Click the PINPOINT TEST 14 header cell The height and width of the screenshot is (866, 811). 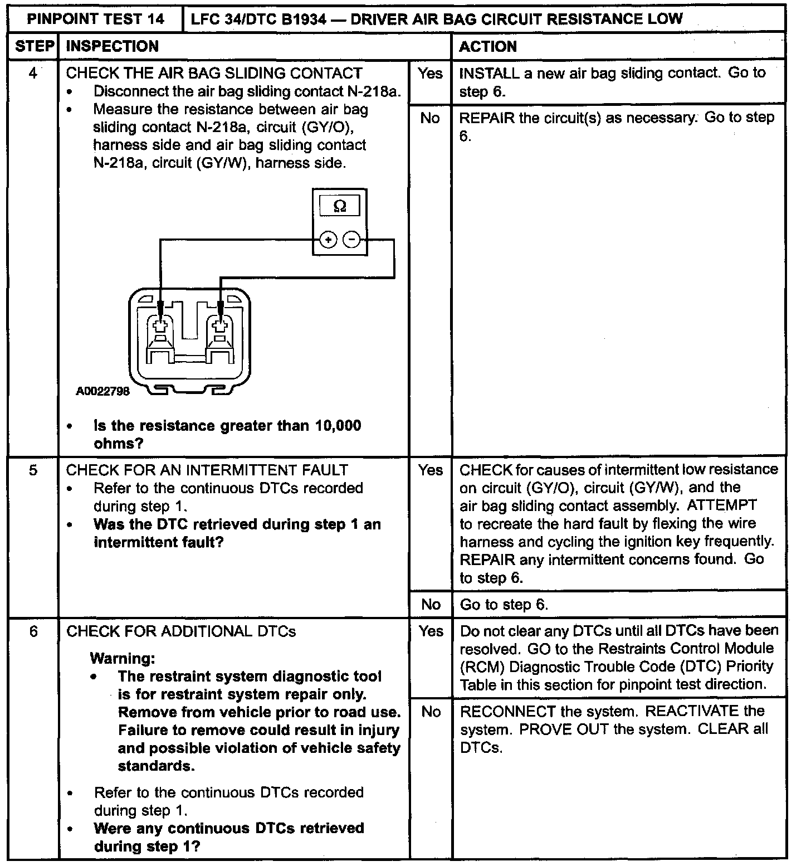(x=96, y=20)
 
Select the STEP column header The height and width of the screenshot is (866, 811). (x=34, y=46)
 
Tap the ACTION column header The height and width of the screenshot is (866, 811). (x=488, y=46)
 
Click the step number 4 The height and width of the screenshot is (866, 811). (x=33, y=73)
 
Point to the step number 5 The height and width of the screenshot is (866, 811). (x=33, y=470)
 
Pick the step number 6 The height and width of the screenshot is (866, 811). (x=33, y=631)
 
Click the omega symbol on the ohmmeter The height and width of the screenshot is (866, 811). (x=339, y=207)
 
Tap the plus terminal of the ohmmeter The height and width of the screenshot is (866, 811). (x=329, y=240)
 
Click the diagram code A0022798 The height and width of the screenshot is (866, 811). (x=102, y=391)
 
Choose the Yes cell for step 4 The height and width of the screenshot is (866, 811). (x=430, y=74)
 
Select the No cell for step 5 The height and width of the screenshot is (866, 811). (x=431, y=605)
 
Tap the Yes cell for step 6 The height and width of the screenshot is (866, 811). (x=431, y=631)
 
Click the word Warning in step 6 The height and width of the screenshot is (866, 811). (x=122, y=658)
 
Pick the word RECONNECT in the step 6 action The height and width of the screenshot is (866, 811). (x=507, y=712)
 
